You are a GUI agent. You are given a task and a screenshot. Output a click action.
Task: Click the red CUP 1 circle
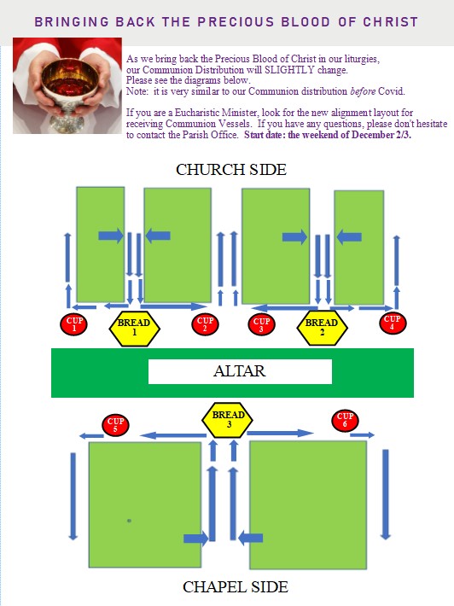73,323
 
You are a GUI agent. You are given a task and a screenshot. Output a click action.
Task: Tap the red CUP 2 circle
205,323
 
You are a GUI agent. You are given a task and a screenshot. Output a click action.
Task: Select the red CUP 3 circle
261,323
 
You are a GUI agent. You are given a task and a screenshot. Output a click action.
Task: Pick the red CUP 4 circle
393,323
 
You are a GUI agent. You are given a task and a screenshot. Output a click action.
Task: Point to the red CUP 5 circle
115,424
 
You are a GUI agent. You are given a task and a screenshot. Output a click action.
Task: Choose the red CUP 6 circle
345,420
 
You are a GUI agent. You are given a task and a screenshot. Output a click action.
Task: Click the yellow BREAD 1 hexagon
135,328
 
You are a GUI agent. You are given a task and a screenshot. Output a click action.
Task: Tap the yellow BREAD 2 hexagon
322,328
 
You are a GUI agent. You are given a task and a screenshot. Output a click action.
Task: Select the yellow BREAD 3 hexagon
228,420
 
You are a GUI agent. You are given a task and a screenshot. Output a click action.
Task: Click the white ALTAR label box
240,371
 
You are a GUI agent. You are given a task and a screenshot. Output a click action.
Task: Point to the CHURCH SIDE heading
231,170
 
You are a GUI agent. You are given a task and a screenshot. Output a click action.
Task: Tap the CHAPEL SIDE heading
236,586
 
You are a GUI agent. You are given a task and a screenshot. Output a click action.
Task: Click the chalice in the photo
69,93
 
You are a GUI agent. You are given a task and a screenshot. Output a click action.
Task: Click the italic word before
363,91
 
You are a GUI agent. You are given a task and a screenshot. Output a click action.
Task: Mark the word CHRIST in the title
390,21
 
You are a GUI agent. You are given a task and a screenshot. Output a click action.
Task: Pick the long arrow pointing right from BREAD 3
280,434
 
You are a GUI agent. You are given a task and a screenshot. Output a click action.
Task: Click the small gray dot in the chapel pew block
129,521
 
